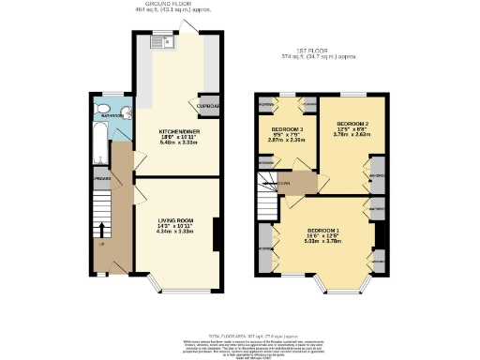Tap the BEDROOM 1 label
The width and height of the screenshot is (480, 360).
[324, 228]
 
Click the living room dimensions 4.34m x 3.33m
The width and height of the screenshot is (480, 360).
[175, 232]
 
